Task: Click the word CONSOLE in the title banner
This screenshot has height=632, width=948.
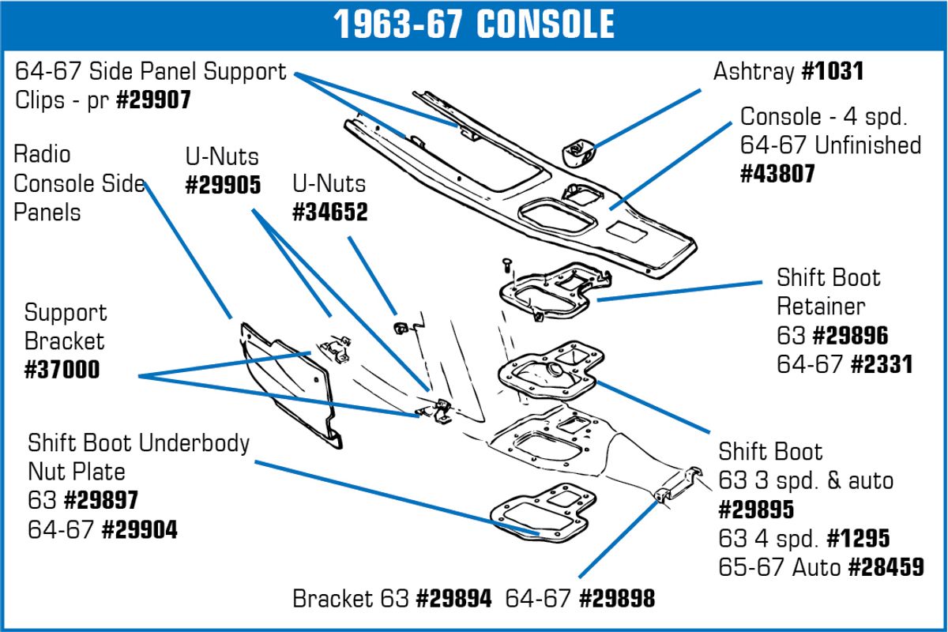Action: pos(546,24)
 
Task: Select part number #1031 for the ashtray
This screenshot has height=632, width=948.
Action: pos(833,71)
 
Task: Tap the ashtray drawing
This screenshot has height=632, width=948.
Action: pos(578,153)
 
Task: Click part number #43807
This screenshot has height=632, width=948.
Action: pos(777,174)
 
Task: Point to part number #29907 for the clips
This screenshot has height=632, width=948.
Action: pos(153,100)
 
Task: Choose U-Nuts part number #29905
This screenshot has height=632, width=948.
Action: pos(223,185)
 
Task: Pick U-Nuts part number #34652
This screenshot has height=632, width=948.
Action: pos(330,212)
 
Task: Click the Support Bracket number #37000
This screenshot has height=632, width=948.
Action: pos(62,369)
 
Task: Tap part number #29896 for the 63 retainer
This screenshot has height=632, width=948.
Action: pos(851,336)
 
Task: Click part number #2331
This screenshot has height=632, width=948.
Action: pos(882,364)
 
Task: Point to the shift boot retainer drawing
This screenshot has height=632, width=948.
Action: pos(555,292)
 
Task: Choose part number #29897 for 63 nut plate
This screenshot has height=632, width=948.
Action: pos(101,500)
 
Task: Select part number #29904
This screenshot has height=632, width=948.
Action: pos(140,529)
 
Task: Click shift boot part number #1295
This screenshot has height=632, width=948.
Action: pos(858,538)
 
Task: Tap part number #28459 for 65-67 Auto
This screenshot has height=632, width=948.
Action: pos(886,567)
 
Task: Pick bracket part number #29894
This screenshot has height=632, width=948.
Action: pos(453,599)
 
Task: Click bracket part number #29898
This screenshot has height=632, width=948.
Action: pos(617,599)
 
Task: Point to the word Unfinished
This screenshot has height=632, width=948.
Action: pos(867,145)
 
